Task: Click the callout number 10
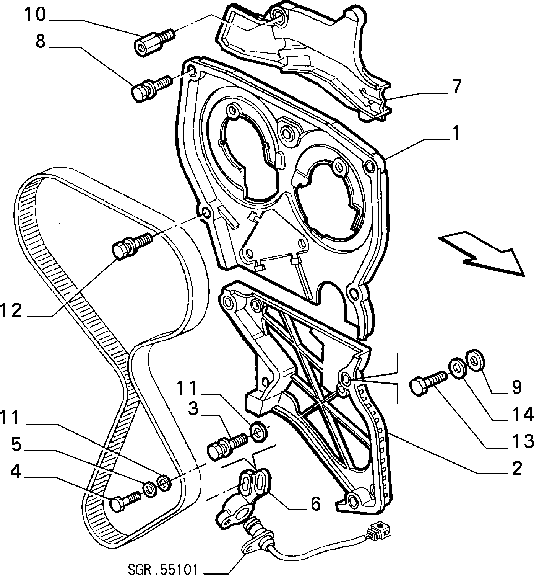(35, 15)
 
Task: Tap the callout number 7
(456, 87)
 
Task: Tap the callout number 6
(315, 503)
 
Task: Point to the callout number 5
(16, 444)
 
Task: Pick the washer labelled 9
(474, 360)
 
